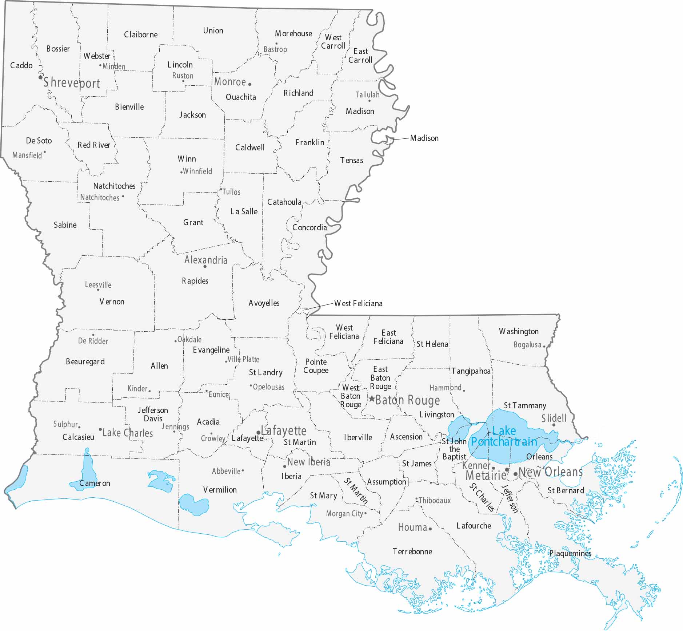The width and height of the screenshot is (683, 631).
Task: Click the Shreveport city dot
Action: coord(40,77)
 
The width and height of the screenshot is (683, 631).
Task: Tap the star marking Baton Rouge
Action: coord(372,399)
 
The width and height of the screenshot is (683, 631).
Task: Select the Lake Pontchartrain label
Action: coord(504,436)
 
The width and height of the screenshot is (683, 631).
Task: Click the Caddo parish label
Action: coord(21,65)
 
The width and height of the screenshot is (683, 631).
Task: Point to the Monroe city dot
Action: coord(249,84)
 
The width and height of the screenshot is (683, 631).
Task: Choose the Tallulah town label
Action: coord(367,95)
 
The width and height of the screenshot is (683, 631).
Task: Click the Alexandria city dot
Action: coord(205,267)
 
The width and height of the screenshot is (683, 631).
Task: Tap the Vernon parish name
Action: coord(112,302)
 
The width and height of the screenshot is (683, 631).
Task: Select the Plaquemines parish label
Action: coord(570,554)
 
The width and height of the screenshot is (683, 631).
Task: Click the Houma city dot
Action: coord(430,529)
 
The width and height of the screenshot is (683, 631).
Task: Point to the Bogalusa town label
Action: coord(527,344)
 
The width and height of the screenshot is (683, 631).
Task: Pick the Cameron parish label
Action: coord(95,483)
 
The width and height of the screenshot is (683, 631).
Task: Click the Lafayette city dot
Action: coord(258,433)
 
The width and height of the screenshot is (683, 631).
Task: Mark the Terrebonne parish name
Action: coord(412,551)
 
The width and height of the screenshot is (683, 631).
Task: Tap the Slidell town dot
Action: coord(554,425)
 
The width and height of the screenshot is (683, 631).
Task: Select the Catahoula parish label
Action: coord(284,202)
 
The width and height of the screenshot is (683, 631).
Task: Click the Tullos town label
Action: coord(231,192)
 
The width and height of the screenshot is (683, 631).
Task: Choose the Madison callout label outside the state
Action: coord(424,138)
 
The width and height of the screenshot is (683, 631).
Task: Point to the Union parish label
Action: coord(213,31)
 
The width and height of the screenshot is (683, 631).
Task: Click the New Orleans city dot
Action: coord(515,474)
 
